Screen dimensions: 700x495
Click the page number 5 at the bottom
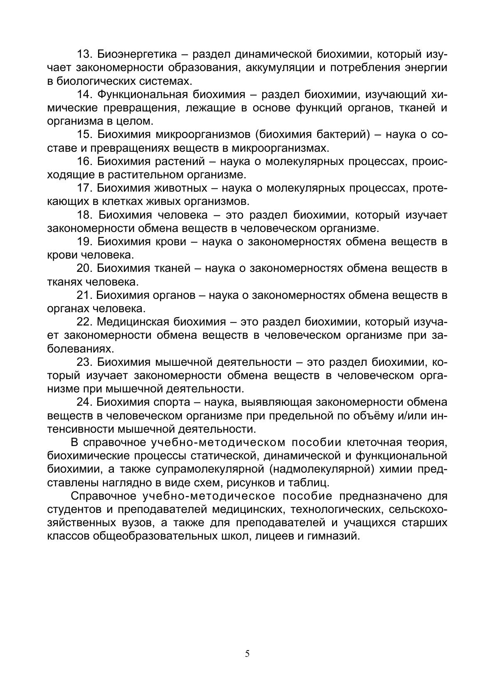click(247, 654)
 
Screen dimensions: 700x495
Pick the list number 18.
click(84, 215)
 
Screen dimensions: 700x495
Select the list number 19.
click(84, 242)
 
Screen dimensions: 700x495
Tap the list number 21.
click(84, 295)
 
